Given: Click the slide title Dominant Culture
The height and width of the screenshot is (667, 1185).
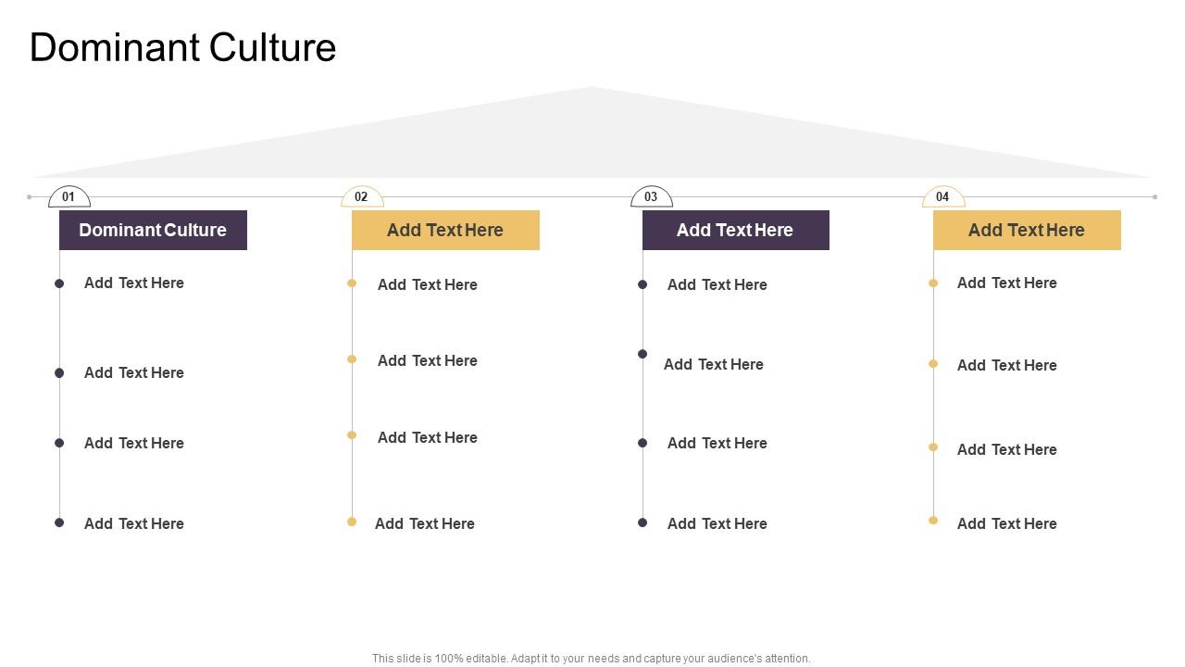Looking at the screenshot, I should pos(182,48).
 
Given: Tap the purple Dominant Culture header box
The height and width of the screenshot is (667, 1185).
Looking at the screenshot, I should pos(153,230).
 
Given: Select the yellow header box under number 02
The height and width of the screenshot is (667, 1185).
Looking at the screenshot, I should pos(445,230).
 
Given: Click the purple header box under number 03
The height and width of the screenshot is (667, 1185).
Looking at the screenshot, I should pos(735,230).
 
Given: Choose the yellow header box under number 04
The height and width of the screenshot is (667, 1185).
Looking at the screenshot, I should pos(1027,230).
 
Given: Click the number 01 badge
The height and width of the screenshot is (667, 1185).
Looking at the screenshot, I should pos(69,197).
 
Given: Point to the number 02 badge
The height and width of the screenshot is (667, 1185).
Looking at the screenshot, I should pos(362,197).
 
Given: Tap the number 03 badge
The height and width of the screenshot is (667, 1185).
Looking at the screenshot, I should pos(651,197).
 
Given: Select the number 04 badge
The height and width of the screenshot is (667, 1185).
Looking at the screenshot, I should pos(942,197).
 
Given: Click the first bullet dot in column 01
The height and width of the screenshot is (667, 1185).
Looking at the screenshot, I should pos(59,283).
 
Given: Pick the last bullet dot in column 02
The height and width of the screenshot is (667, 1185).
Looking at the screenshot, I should pos(352,522).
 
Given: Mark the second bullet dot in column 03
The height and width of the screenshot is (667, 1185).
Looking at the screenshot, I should pos(642,354).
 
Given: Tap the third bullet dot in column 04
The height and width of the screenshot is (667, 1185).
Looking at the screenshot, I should pos(933,447).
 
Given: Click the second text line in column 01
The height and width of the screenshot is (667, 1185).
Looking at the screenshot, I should pos(134,372).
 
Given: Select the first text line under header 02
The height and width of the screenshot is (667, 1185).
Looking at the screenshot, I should pos(427,284).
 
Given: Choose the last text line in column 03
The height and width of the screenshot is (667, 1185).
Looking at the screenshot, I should pos(717,523).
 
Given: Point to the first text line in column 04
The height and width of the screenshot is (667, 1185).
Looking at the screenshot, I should pos(1006,283).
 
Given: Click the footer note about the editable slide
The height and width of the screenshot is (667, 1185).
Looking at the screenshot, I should pos(591,659).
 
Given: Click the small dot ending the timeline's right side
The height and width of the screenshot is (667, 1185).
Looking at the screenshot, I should pos(1154,196).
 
